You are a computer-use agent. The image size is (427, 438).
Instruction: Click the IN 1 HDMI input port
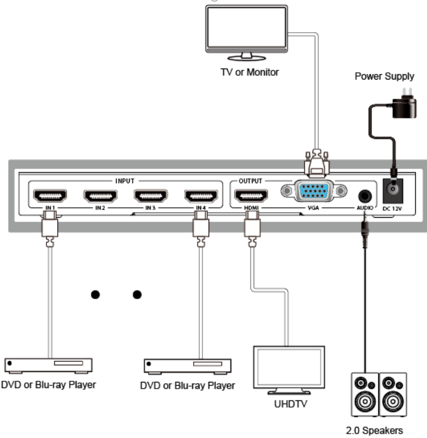click(x=50, y=196)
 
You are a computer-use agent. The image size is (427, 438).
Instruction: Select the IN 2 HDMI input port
click(x=101, y=196)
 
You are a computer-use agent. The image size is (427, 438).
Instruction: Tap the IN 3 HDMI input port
click(x=151, y=196)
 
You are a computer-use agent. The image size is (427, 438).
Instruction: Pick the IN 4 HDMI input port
click(x=201, y=196)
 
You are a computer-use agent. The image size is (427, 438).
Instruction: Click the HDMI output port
click(x=251, y=196)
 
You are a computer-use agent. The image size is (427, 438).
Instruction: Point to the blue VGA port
click(x=314, y=191)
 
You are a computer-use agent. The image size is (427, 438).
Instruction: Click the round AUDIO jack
click(x=365, y=196)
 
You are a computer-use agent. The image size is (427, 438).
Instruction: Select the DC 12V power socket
click(x=393, y=191)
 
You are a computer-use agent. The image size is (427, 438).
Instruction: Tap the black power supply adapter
click(x=404, y=107)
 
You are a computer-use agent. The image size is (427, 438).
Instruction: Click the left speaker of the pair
click(x=365, y=394)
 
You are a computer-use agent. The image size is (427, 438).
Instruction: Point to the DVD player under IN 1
click(x=48, y=366)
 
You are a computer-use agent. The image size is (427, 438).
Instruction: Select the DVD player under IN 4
click(x=188, y=366)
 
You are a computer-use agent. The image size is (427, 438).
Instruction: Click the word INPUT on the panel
click(x=125, y=181)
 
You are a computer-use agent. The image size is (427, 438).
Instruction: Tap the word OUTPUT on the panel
click(x=251, y=181)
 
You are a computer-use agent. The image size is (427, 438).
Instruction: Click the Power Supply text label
click(x=384, y=76)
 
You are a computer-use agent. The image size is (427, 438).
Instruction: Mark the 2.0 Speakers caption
click(x=375, y=430)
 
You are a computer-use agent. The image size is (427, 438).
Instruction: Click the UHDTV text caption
click(x=291, y=404)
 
